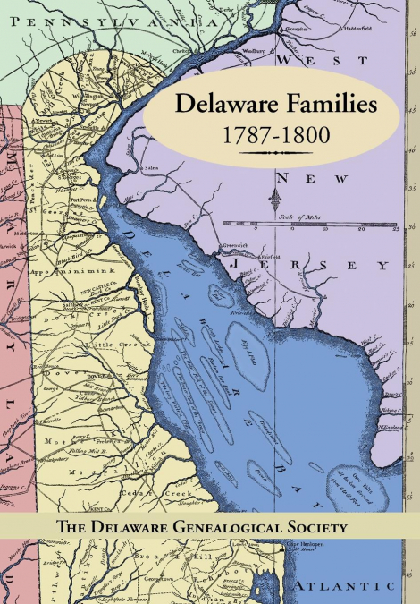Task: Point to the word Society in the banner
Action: (x=307, y=527)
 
